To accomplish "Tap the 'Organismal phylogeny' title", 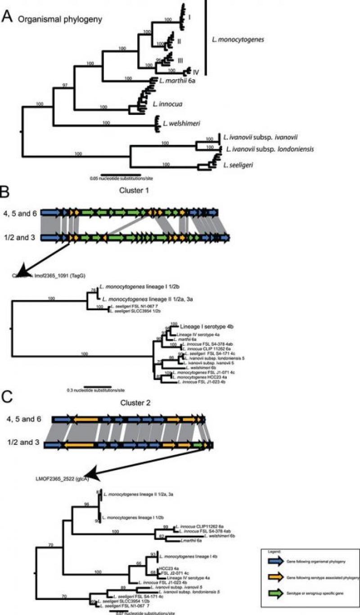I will click(x=53, y=19).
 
